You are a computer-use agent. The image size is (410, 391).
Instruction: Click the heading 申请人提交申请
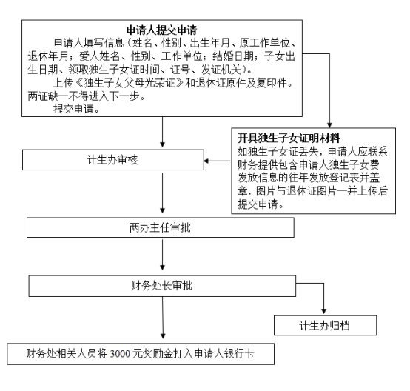pos(161,30)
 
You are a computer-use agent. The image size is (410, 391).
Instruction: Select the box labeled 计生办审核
pos(113,160)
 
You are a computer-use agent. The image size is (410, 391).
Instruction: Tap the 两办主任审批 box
pos(161,227)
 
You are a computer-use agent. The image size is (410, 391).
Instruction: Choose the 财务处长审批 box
pos(162,286)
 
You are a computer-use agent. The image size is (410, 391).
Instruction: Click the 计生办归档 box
pos(325,325)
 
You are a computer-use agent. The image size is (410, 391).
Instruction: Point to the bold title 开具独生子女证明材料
pos(289,138)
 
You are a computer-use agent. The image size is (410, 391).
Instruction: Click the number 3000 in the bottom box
pos(120,354)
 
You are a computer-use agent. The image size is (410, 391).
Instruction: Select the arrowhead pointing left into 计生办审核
pos(206,161)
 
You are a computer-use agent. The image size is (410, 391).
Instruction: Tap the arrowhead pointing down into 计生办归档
pos(323,312)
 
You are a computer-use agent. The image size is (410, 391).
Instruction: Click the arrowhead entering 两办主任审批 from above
pos(162,210)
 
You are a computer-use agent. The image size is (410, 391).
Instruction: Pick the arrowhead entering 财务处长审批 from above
pos(162,267)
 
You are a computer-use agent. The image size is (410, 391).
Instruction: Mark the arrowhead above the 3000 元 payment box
pos(163,335)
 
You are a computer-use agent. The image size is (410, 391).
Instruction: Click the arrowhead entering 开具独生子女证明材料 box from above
pos(329,124)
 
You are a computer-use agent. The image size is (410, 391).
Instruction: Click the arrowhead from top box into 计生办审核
pos(162,144)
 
